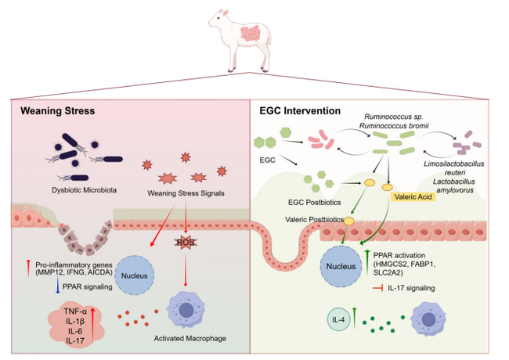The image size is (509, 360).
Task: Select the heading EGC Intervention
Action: [300, 111]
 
